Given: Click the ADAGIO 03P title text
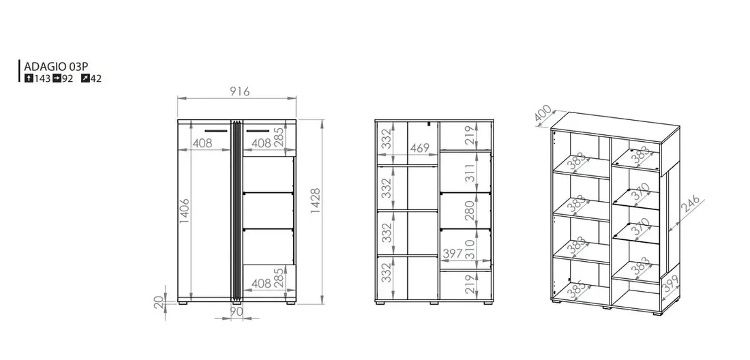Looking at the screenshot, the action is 57,66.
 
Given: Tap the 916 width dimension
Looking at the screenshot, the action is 239,91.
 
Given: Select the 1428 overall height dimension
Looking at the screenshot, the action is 316,200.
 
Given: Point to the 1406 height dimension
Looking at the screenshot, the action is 185,211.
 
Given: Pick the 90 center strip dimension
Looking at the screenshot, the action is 237,311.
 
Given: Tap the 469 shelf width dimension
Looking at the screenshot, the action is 419,148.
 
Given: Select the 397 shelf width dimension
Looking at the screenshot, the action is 452,254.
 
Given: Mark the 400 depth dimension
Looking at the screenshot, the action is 543,113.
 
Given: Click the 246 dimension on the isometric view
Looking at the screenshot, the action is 690,204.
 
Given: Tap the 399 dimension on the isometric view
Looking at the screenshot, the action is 670,284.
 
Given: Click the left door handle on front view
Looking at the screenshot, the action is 217,130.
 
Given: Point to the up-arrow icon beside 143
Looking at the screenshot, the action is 29,78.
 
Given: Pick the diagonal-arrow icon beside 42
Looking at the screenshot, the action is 85,78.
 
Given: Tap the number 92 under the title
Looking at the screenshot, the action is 67,79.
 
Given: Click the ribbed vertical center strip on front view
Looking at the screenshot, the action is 237,211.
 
